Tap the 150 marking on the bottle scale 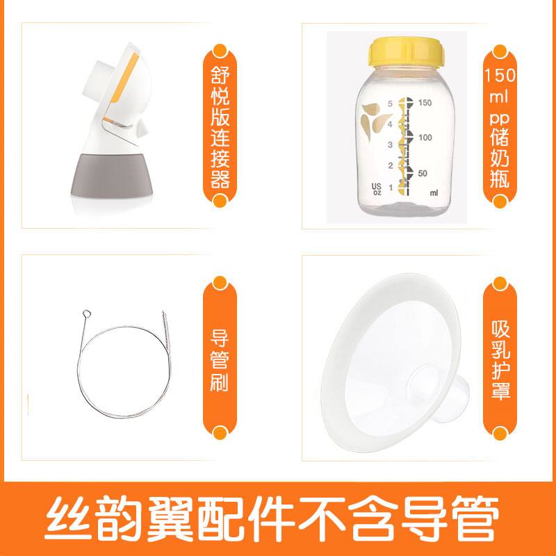tap(425, 103)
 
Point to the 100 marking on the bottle tap(425, 138)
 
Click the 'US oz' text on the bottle tap(377, 190)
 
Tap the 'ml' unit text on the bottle tap(434, 193)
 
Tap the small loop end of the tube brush tap(87, 313)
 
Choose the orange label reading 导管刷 tap(220, 362)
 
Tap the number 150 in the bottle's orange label tap(500, 74)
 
